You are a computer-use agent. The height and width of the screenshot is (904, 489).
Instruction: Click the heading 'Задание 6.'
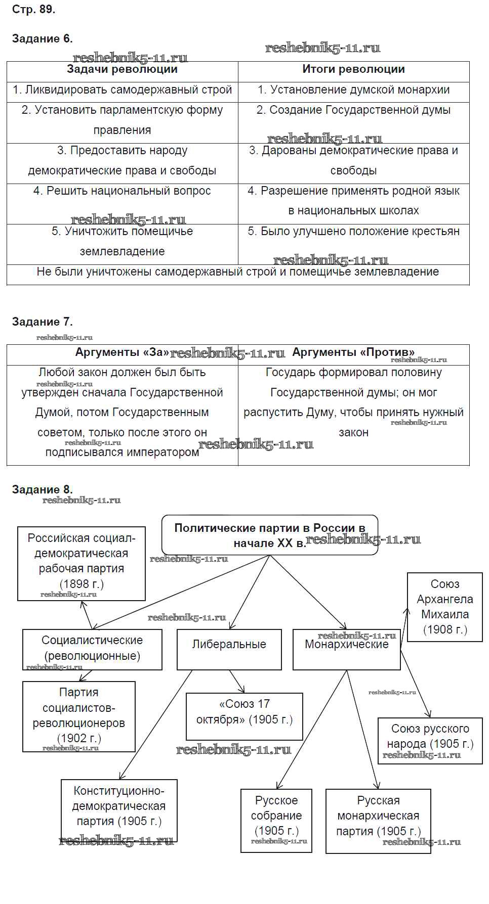click(x=43, y=39)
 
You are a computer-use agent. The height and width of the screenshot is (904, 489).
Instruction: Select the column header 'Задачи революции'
click(x=122, y=70)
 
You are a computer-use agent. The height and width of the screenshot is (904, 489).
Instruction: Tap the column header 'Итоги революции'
click(x=353, y=70)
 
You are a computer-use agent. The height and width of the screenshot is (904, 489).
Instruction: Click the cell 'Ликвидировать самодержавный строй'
click(x=122, y=90)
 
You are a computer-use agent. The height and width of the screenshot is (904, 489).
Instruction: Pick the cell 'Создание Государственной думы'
click(x=353, y=110)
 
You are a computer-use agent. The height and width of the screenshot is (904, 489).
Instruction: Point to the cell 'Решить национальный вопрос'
click(x=122, y=191)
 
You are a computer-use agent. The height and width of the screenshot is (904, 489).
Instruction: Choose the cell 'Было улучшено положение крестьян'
click(x=353, y=232)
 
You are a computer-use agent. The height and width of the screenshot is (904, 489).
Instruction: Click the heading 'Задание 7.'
click(x=43, y=322)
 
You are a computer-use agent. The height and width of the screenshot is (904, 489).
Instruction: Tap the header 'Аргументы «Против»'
click(x=353, y=352)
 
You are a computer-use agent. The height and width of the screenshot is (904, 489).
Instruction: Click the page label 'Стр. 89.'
click(x=33, y=10)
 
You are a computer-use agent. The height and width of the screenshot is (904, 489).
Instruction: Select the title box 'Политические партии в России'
click(x=270, y=535)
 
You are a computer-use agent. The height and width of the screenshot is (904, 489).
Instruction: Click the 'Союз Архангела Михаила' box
click(x=445, y=607)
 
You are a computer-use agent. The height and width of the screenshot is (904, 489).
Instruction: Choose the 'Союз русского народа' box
click(x=430, y=736)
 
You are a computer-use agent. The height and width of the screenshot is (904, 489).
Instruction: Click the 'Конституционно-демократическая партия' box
click(x=119, y=806)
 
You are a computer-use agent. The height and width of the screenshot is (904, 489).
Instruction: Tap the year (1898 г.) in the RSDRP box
click(x=81, y=584)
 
